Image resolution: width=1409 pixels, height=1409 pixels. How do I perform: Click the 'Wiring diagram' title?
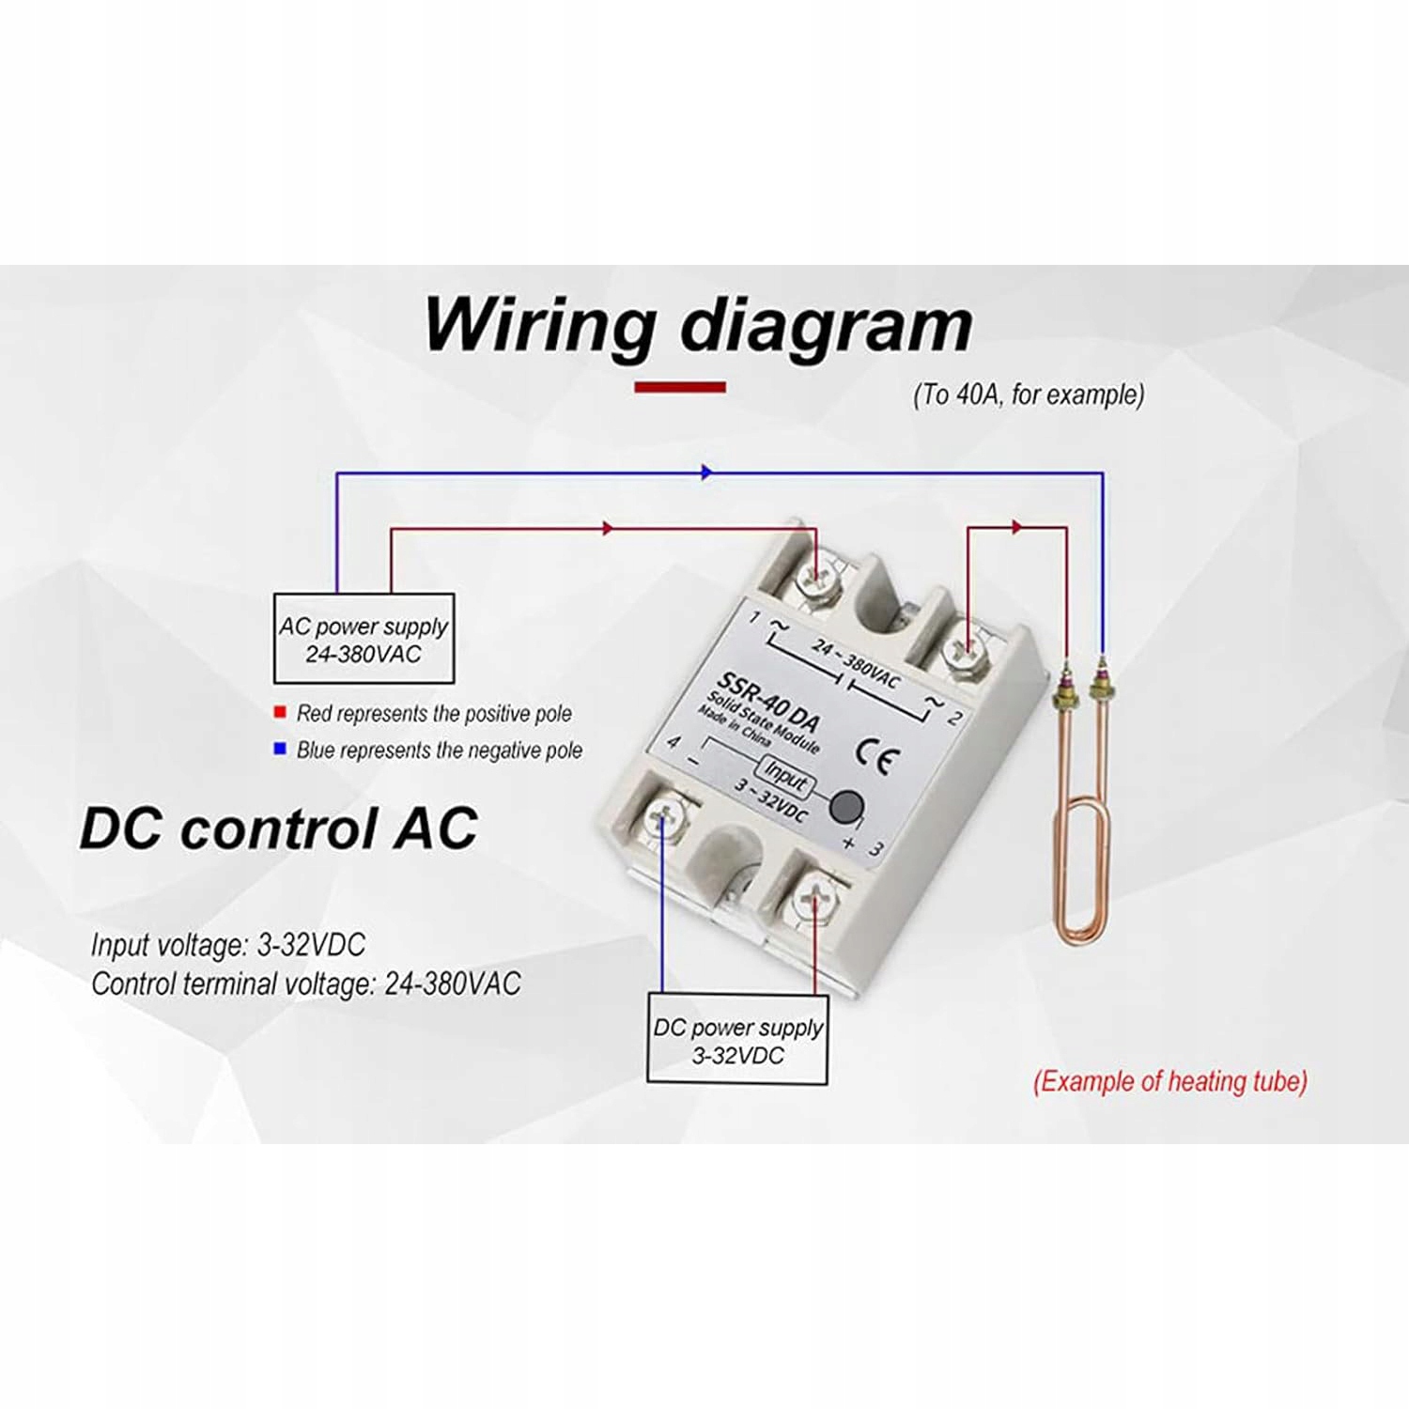click(x=698, y=326)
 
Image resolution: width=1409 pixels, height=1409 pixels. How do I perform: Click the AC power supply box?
click(x=364, y=639)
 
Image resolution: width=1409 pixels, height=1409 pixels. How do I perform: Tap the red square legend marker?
click(x=279, y=713)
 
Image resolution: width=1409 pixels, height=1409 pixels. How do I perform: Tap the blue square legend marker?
click(x=279, y=749)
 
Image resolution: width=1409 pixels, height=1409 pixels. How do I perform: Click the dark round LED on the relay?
click(x=847, y=805)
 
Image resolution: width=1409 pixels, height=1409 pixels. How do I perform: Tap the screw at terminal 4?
click(x=664, y=819)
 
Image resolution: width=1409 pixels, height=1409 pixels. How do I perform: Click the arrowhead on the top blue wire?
click(x=706, y=472)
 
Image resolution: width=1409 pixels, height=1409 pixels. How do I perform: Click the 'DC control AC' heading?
click(x=279, y=828)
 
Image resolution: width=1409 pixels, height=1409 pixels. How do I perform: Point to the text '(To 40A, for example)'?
click(x=1029, y=395)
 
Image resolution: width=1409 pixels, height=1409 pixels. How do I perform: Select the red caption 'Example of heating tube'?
click(x=1169, y=1081)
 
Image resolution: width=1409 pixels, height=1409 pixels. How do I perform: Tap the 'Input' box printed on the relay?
click(x=784, y=777)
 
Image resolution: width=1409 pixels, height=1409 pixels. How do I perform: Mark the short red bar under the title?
click(x=680, y=387)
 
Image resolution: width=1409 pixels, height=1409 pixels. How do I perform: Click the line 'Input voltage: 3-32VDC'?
click(x=228, y=944)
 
